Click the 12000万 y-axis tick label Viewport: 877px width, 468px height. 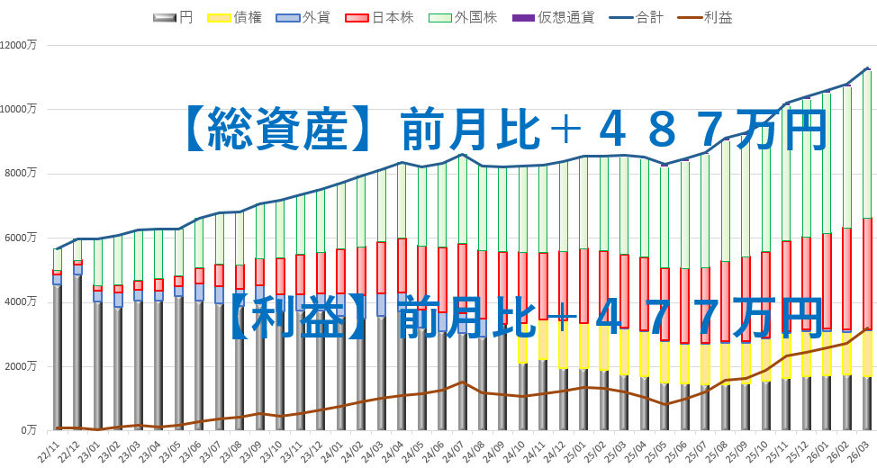click(x=19, y=45)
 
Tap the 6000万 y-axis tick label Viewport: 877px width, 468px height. click(x=22, y=238)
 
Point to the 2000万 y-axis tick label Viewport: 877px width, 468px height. click(x=22, y=366)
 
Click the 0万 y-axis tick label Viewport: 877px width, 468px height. click(x=29, y=430)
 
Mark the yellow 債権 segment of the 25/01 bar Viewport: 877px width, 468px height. click(x=583, y=346)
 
